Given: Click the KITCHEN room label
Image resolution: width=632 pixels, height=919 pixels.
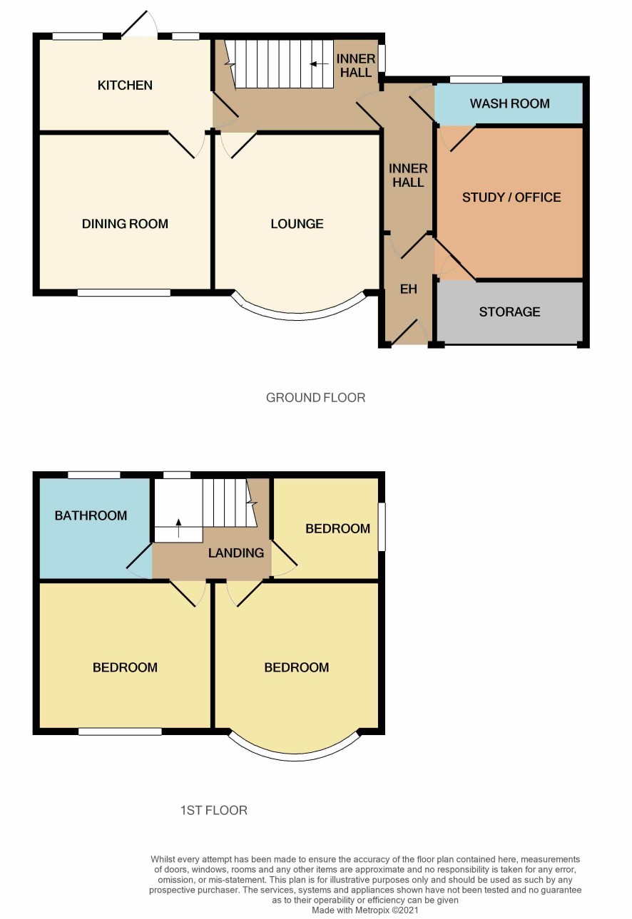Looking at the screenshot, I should click(x=125, y=86).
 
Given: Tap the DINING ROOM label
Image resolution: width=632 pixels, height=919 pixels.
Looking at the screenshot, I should click(x=125, y=224).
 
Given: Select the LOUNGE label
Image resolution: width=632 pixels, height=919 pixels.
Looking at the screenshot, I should click(x=297, y=224).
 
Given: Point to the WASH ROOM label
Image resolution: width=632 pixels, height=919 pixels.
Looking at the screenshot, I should click(x=509, y=103).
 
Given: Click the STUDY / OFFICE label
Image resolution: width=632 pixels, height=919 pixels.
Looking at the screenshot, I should click(x=511, y=197).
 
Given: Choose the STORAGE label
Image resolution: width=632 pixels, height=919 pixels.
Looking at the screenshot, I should click(x=509, y=312).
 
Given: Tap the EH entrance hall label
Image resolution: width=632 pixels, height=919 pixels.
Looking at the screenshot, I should click(x=408, y=289).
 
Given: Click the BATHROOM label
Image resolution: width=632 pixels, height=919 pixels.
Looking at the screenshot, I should click(x=91, y=515).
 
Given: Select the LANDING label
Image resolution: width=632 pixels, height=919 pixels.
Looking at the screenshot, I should click(x=235, y=553).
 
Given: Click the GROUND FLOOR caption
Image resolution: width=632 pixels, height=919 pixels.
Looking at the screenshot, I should click(x=315, y=398).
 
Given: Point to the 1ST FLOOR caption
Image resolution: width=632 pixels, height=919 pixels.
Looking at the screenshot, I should click(x=213, y=811).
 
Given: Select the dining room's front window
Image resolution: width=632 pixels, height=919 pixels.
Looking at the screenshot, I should click(x=124, y=292).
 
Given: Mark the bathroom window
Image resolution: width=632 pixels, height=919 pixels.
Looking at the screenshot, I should click(x=94, y=475).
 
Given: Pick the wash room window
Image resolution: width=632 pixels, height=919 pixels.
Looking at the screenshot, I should click(x=476, y=79).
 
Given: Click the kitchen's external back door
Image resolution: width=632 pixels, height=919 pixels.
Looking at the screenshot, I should click(x=140, y=25).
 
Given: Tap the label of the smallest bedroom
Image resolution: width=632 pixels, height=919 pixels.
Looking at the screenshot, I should click(x=337, y=529).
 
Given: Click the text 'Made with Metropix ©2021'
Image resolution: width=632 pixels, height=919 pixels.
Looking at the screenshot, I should click(x=365, y=910).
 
